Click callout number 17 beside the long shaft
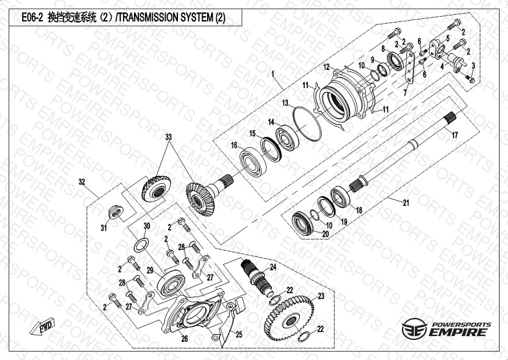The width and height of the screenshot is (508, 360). (454, 136)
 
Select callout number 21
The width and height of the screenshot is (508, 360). (406, 203)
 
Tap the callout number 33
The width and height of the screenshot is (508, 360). (169, 137)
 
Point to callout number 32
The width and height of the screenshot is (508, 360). (82, 182)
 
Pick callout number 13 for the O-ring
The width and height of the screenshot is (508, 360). (285, 103)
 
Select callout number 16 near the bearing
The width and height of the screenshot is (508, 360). (235, 147)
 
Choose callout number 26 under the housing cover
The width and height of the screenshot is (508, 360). (184, 337)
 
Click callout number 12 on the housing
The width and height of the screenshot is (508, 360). (327, 67)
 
